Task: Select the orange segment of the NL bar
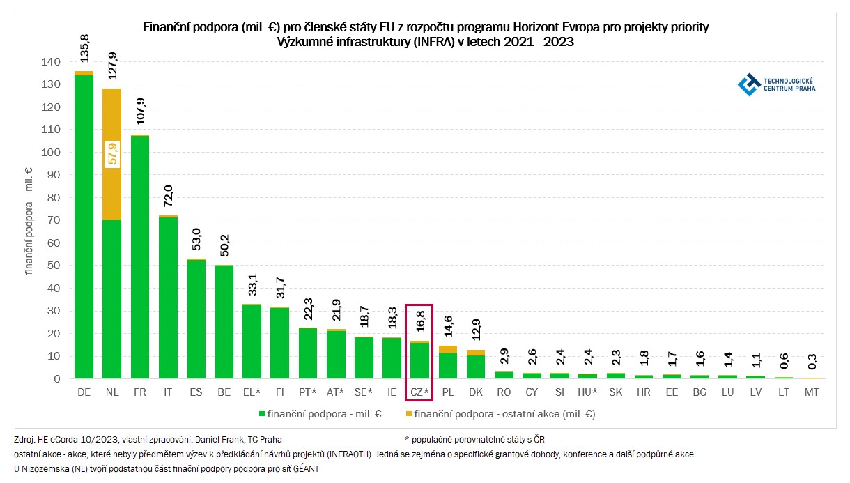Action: (x=111, y=153)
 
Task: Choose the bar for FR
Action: (x=139, y=258)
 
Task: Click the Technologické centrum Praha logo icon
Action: (x=749, y=84)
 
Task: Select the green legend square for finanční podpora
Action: (x=262, y=414)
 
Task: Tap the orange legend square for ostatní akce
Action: (x=408, y=414)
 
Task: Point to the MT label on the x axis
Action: (x=812, y=393)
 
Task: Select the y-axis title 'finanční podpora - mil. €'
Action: (x=29, y=220)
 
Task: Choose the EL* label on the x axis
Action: (x=252, y=393)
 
